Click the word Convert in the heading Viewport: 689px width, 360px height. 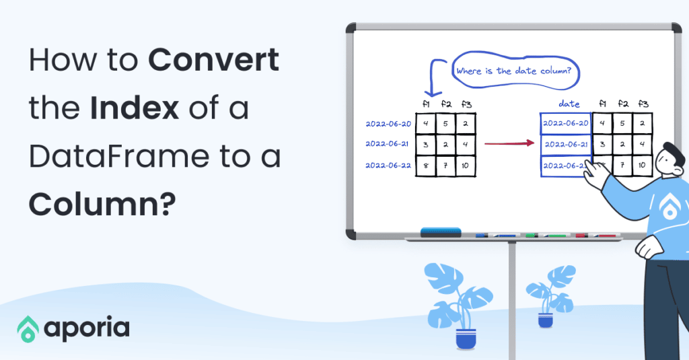point(214,62)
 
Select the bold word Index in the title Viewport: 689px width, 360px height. point(130,108)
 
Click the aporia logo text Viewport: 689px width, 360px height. point(87,328)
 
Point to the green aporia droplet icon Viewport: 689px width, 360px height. point(28,328)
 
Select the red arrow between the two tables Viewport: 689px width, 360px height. point(509,143)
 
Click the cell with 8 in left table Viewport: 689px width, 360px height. point(425,166)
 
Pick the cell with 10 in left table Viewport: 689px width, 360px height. point(466,166)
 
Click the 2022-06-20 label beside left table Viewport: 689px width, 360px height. point(388,124)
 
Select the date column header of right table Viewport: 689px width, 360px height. point(569,104)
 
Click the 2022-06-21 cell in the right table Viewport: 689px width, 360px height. point(566,144)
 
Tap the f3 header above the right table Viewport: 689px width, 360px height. point(643,104)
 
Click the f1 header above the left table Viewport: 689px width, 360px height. point(425,104)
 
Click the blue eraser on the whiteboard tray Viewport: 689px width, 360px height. point(441,232)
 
